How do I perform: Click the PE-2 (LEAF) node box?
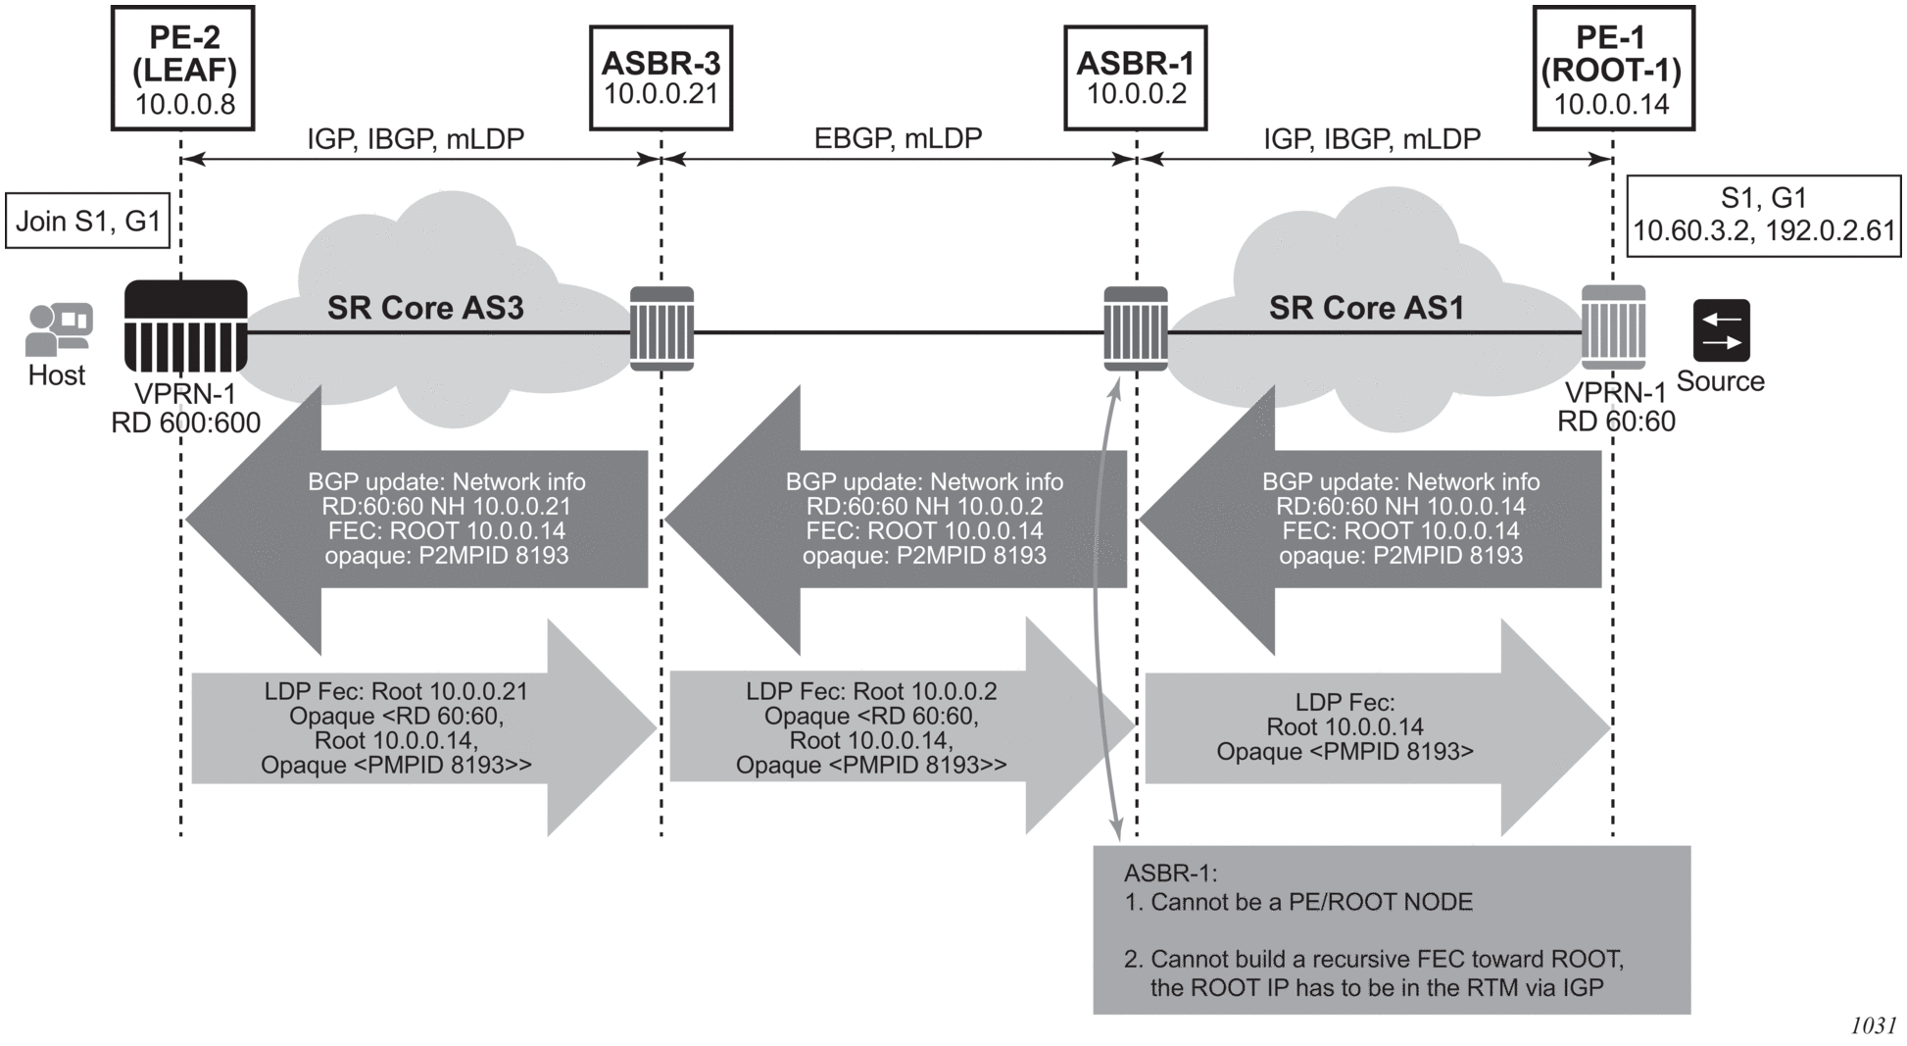pyautogui.click(x=183, y=69)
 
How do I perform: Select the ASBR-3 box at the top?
pyautogui.click(x=660, y=78)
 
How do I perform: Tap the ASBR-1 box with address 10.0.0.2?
pyautogui.click(x=1135, y=78)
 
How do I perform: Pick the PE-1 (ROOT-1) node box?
pyautogui.click(x=1612, y=69)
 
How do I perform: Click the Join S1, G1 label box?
pyautogui.click(x=87, y=222)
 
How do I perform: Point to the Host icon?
pyautogui.click(x=58, y=329)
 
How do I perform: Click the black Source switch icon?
pyautogui.click(x=1721, y=331)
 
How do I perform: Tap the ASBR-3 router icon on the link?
pyautogui.click(x=661, y=328)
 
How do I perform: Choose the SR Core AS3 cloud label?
pyautogui.click(x=425, y=308)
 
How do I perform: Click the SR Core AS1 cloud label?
pyautogui.click(x=1366, y=308)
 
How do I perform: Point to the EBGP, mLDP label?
pyautogui.click(x=898, y=138)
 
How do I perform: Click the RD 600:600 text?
pyautogui.click(x=185, y=423)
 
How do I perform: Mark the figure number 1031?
pyautogui.click(x=1873, y=1025)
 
